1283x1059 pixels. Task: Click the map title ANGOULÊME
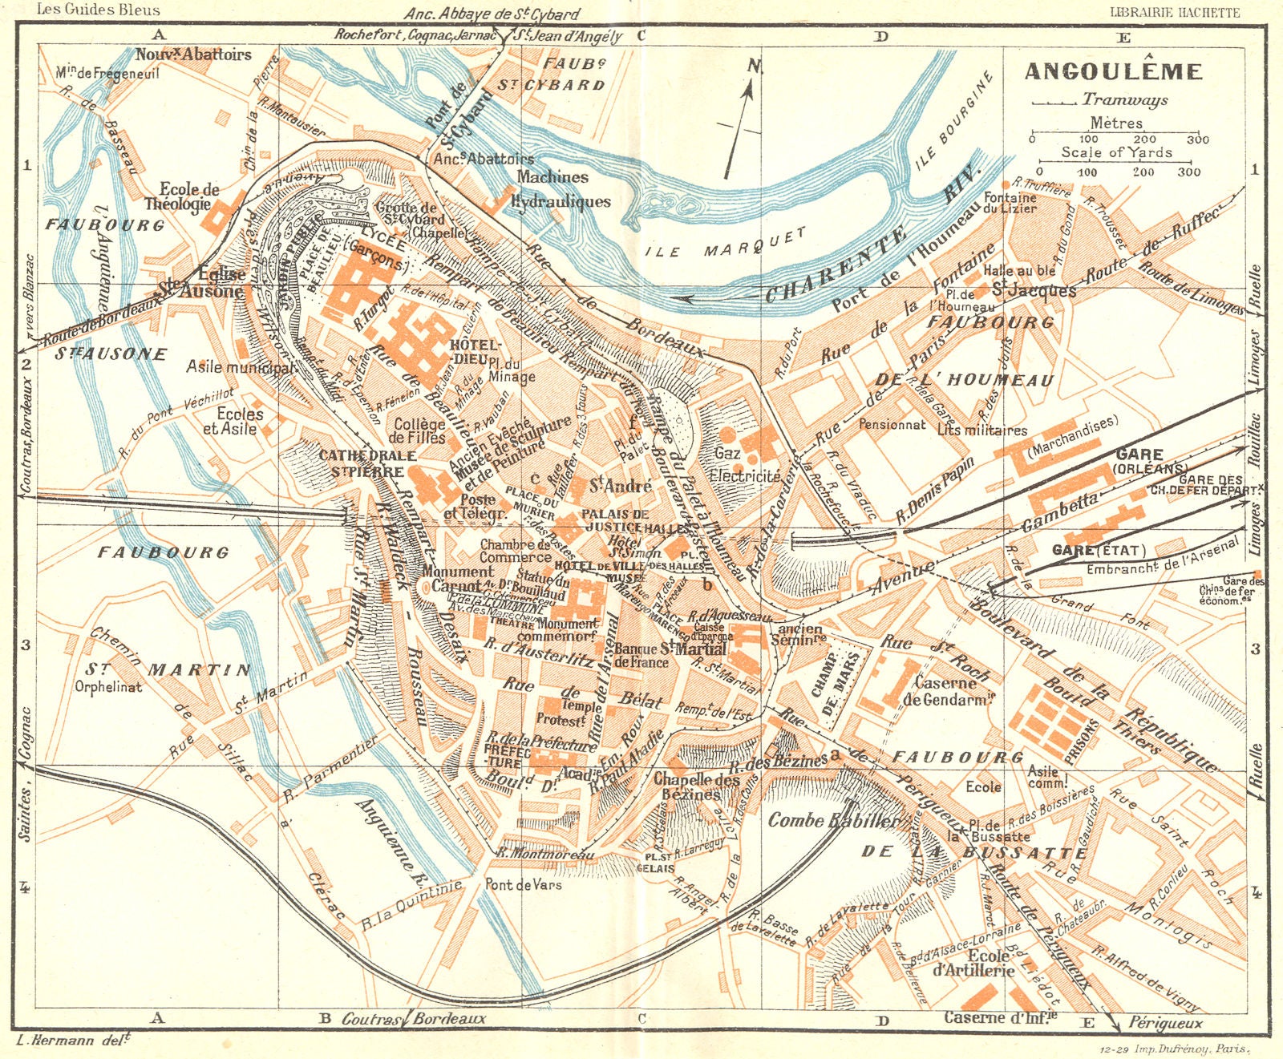tap(1114, 71)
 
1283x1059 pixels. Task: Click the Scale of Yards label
tap(1116, 152)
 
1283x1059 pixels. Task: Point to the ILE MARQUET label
tap(726, 244)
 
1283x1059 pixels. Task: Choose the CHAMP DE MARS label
tap(836, 684)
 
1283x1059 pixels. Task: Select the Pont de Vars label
tap(523, 884)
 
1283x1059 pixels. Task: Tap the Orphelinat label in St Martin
tap(108, 686)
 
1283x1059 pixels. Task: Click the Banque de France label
tap(641, 655)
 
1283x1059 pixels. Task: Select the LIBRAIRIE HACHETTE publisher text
tap(1174, 11)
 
